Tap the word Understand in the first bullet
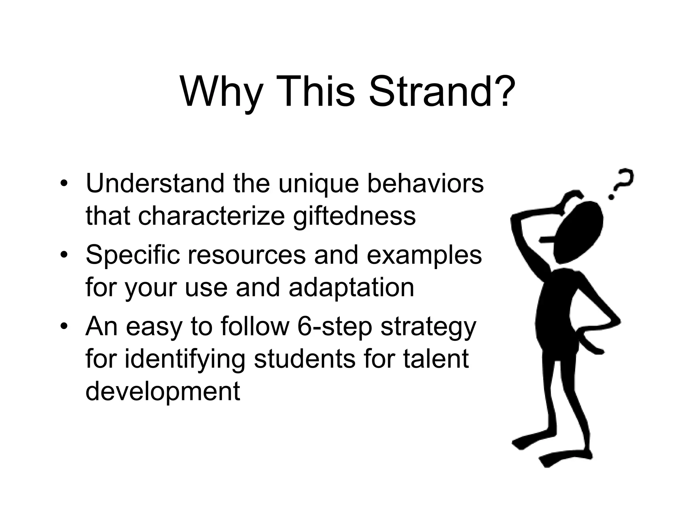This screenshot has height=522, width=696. pyautogui.click(x=155, y=184)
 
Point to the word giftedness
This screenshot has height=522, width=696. pyautogui.click(x=354, y=216)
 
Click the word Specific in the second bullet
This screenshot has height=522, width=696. pyautogui.click(x=133, y=255)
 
